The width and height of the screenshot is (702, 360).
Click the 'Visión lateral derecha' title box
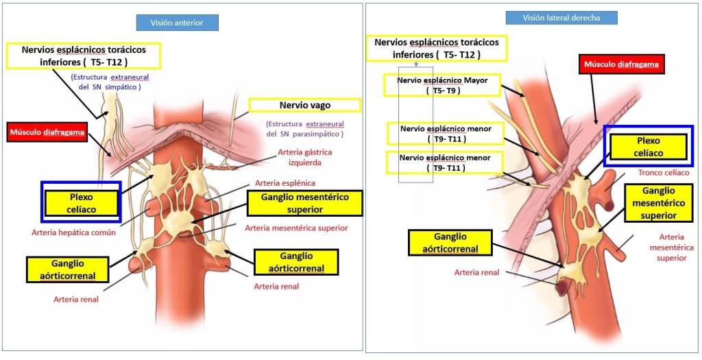pos(561,18)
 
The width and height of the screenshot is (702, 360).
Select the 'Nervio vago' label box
pos(304,105)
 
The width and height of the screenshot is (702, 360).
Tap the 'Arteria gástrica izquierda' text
pos(300,158)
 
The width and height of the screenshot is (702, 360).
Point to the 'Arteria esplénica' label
pos(285,183)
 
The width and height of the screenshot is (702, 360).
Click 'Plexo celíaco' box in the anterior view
pos(81,202)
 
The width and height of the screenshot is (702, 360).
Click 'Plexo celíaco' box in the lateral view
pos(646,146)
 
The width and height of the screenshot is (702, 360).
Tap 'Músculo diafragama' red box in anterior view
pos(48,132)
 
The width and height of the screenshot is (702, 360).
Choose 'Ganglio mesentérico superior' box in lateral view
pos(658,202)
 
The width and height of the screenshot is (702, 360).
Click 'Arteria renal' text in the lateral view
pos(476,272)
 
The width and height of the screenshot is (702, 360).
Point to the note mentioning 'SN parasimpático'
pos(305,129)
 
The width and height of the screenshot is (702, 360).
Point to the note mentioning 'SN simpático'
pos(110,82)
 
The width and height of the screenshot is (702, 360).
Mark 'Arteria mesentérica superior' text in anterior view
pos(296,228)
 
